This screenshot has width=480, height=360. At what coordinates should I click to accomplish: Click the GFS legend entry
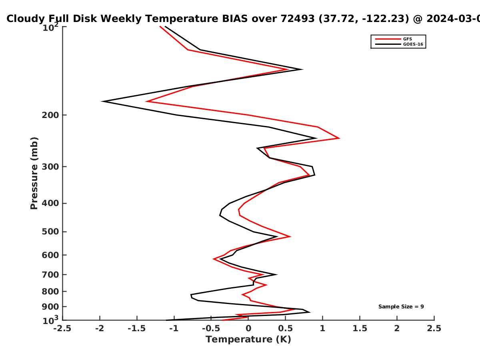coord(394,39)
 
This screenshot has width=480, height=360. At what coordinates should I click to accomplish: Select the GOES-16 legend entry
coord(399,44)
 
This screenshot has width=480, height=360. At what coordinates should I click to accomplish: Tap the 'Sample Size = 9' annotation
coord(401,307)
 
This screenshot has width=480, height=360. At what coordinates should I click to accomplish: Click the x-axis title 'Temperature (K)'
coord(248,339)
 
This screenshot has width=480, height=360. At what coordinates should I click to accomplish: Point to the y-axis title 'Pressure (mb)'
coord(34,173)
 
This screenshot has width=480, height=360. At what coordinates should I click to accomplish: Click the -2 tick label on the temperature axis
coord(100,328)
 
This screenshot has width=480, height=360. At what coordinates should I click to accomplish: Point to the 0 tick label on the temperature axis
coord(248,328)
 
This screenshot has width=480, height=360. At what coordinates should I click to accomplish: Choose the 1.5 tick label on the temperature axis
coord(360,328)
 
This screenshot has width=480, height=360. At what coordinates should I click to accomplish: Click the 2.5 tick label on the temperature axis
coord(434,328)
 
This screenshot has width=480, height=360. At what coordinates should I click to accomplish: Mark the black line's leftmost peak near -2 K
coord(102,101)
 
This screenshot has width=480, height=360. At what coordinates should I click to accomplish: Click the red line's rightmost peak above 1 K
coord(339,138)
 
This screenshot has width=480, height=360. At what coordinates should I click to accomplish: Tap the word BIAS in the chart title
coord(235,19)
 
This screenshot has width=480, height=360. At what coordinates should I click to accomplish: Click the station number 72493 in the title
coord(298,19)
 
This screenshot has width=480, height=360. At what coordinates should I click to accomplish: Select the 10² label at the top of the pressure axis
coord(50,27)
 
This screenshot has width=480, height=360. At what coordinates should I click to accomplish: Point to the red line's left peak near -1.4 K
coord(146,101)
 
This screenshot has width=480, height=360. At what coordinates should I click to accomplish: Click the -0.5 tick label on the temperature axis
coord(211,328)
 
